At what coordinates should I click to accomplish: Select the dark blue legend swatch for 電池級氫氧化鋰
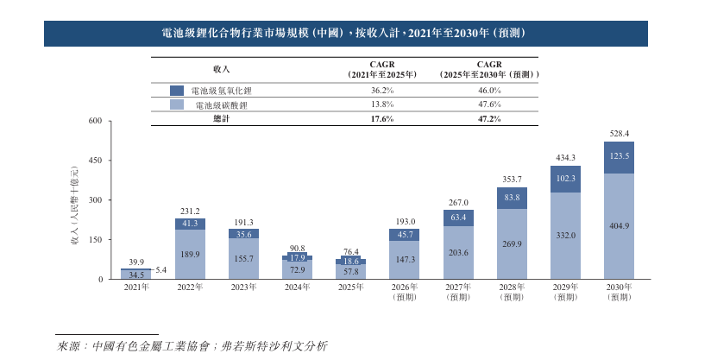point(177,91)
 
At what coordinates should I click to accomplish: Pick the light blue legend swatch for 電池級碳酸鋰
point(177,104)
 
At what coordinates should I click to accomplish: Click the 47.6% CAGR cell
point(489,104)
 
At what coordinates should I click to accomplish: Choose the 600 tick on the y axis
point(95,122)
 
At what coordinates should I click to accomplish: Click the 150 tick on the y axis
point(95,240)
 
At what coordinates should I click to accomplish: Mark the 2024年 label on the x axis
point(297,287)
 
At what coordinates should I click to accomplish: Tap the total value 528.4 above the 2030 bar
point(619,133)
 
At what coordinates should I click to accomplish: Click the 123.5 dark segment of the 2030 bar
point(619,157)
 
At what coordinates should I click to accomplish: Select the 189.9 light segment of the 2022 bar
point(190,255)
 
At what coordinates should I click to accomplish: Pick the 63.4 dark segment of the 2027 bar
point(457,218)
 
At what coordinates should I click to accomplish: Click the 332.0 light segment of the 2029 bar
point(565,236)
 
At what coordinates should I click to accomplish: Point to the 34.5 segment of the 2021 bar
point(136,275)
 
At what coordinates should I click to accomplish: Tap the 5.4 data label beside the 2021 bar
point(160,270)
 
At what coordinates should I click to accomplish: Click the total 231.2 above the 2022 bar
point(190,211)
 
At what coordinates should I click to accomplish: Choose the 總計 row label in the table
point(222,118)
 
